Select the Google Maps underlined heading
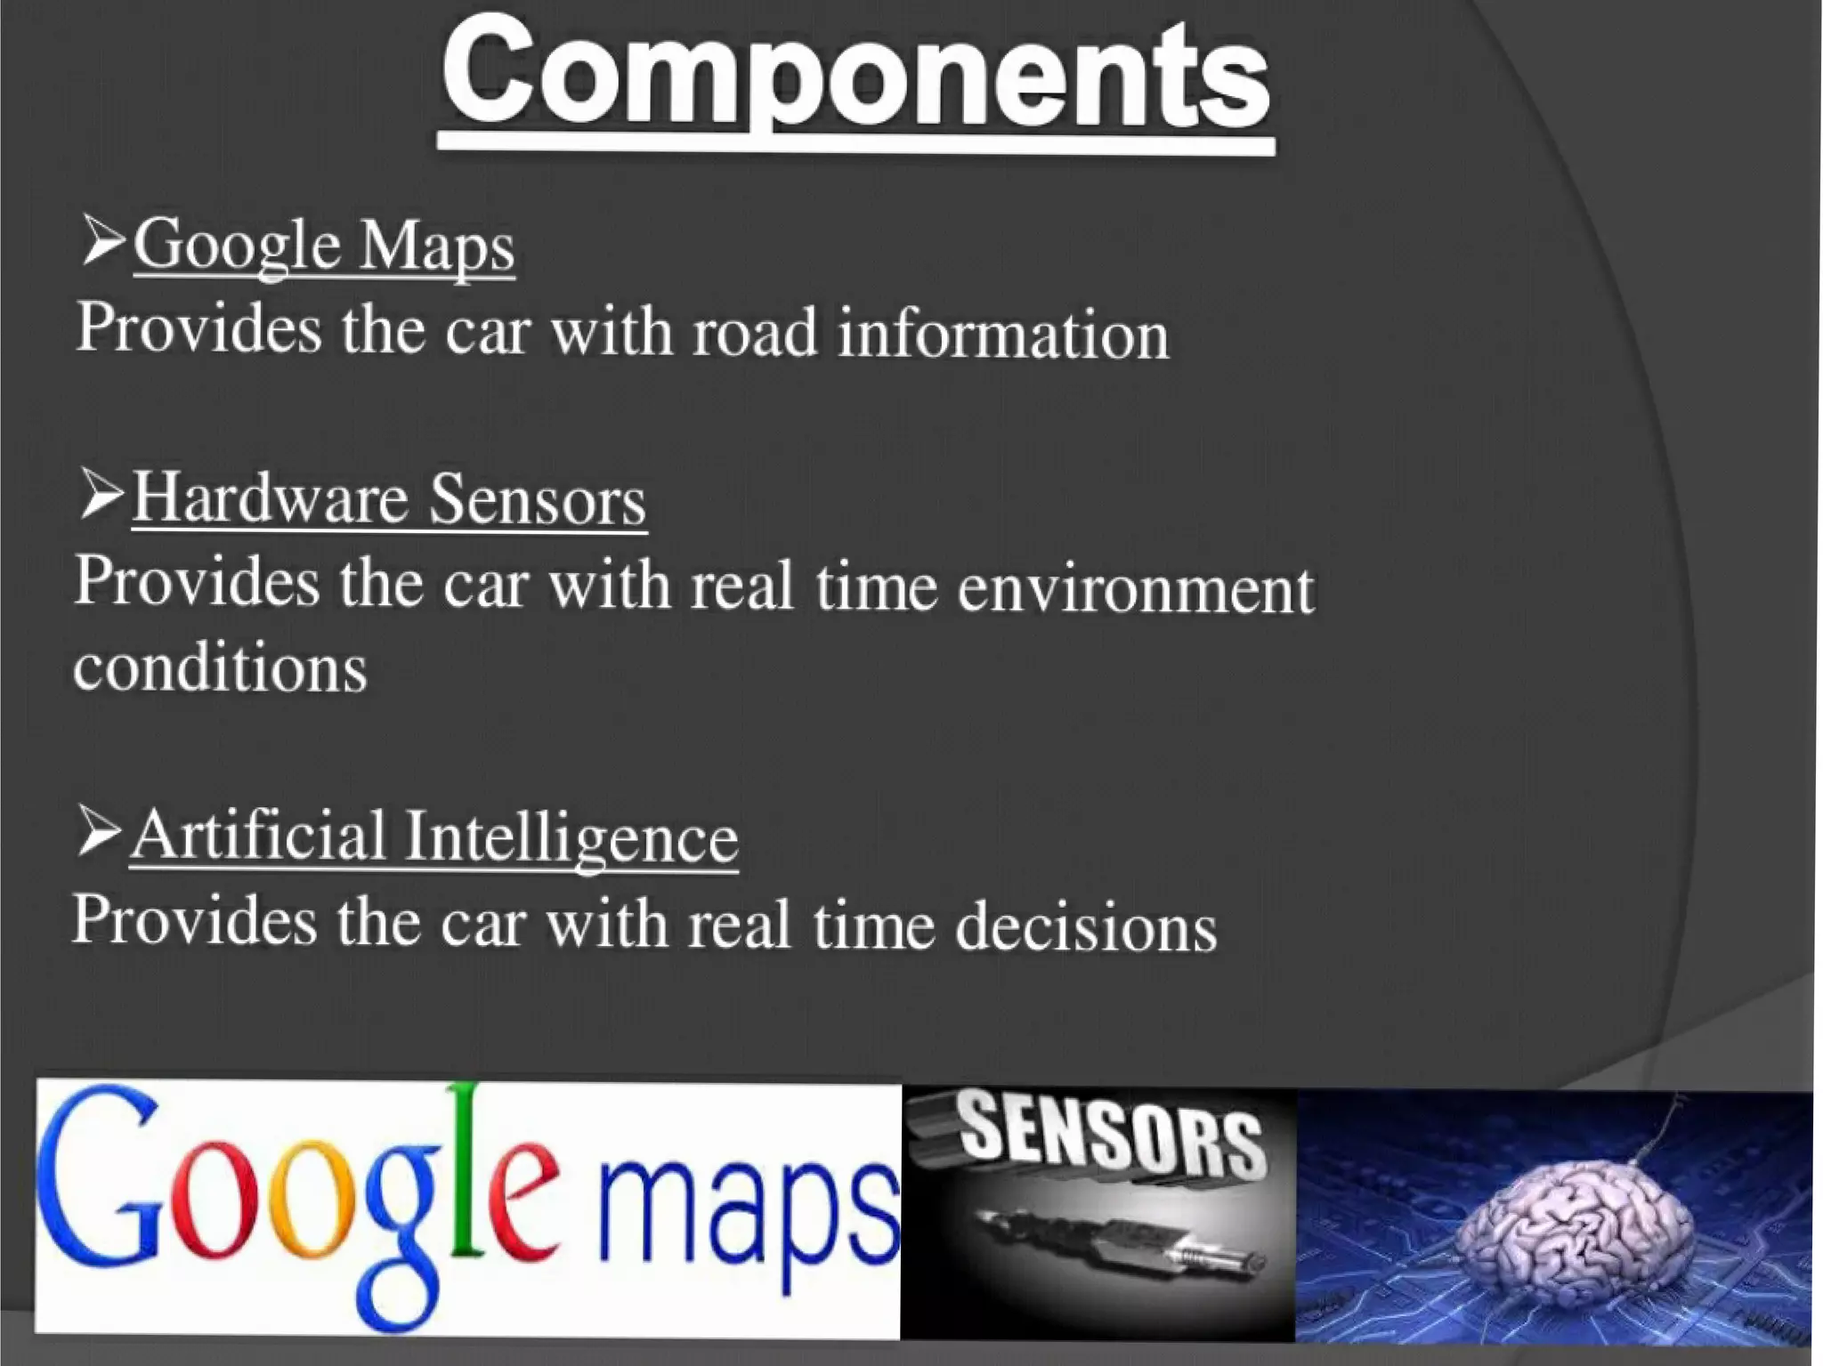pyautogui.click(x=324, y=245)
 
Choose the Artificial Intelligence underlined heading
pyautogui.click(x=434, y=837)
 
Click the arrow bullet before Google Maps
pyautogui.click(x=101, y=240)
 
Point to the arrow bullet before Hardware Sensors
pyautogui.click(x=100, y=495)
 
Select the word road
pyautogui.click(x=754, y=332)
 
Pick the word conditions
pyautogui.click(x=220, y=668)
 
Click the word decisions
pyautogui.click(x=1086, y=926)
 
